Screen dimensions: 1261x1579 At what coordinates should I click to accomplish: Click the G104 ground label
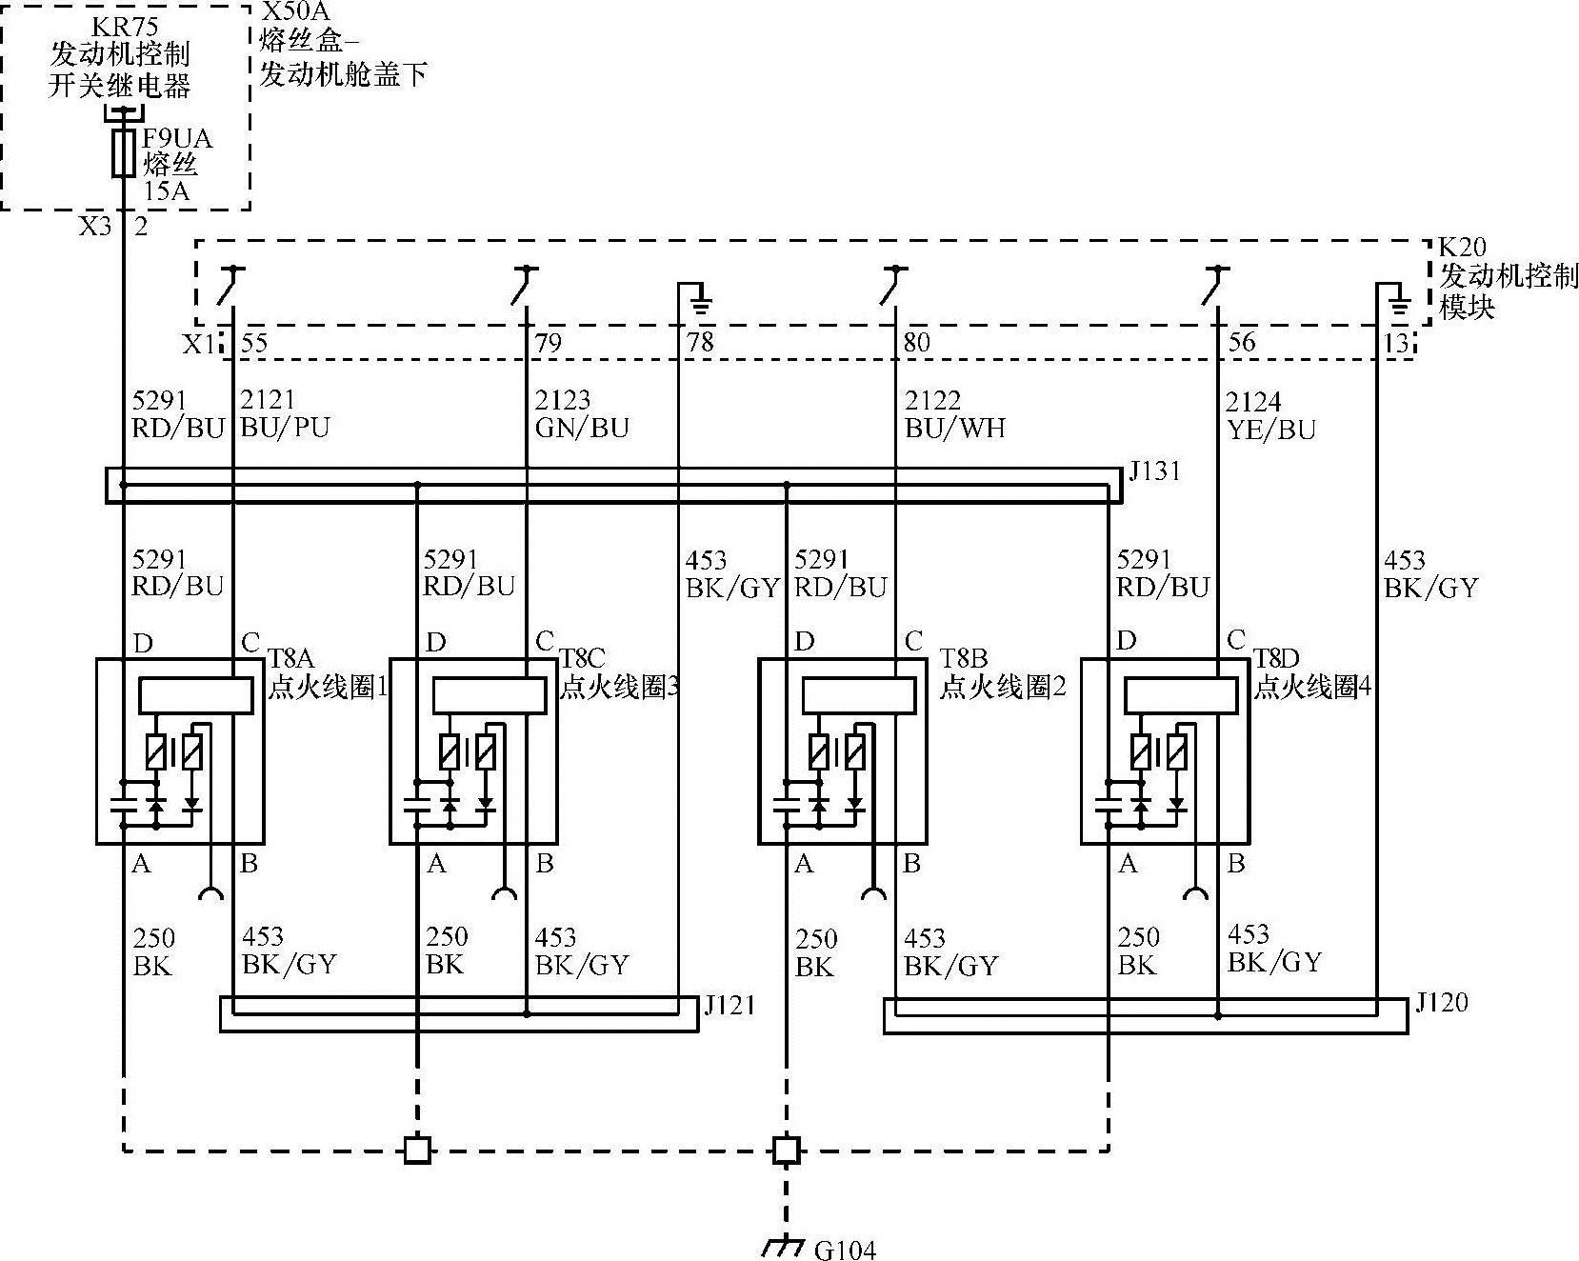click(845, 1250)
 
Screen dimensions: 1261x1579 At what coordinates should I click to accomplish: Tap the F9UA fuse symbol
click(124, 153)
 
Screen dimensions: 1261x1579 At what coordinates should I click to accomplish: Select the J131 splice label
click(1154, 470)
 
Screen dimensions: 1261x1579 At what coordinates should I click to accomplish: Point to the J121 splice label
click(730, 1006)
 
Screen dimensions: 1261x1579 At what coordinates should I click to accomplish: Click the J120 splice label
click(1441, 1002)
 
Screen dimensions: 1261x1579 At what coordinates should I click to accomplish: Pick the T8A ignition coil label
click(290, 657)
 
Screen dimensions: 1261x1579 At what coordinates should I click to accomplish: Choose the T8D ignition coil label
click(1276, 658)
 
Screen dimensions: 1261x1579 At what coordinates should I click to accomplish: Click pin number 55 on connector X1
click(254, 343)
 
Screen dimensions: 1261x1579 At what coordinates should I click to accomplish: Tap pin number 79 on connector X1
click(549, 343)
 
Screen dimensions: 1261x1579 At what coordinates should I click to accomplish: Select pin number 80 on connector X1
click(916, 342)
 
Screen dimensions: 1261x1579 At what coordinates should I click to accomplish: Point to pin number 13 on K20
click(1396, 343)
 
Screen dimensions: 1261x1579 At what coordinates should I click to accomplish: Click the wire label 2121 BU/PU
click(285, 413)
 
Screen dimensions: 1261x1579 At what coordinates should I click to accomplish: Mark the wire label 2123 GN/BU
click(582, 413)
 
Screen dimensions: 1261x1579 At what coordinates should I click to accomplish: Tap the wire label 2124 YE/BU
click(1270, 415)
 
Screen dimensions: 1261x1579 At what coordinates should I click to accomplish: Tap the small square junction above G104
click(786, 1150)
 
